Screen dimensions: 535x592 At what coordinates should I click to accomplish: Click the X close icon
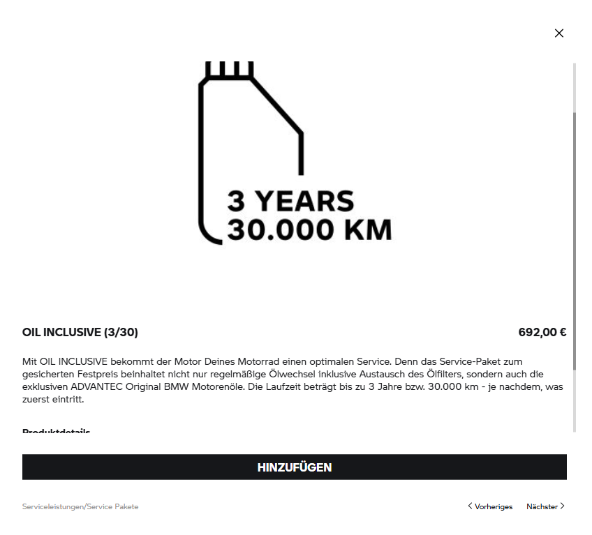click(558, 33)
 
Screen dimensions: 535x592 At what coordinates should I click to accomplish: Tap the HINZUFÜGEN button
click(294, 467)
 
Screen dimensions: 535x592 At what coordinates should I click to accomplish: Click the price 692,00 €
click(542, 332)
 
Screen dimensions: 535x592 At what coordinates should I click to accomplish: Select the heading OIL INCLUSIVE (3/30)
click(80, 332)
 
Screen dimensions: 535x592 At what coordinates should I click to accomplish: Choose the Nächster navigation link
click(542, 506)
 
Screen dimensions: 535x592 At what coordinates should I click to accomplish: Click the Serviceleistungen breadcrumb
click(52, 506)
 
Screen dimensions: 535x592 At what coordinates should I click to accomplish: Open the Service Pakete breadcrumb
click(112, 506)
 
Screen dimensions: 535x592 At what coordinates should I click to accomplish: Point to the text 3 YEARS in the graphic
click(290, 201)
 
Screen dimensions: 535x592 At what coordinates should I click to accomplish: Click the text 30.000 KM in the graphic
click(309, 230)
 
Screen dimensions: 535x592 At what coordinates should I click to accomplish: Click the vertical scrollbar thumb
click(575, 241)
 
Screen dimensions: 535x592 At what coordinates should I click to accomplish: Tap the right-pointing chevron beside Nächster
click(563, 506)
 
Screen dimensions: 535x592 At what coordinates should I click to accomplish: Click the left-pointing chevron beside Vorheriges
click(470, 506)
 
